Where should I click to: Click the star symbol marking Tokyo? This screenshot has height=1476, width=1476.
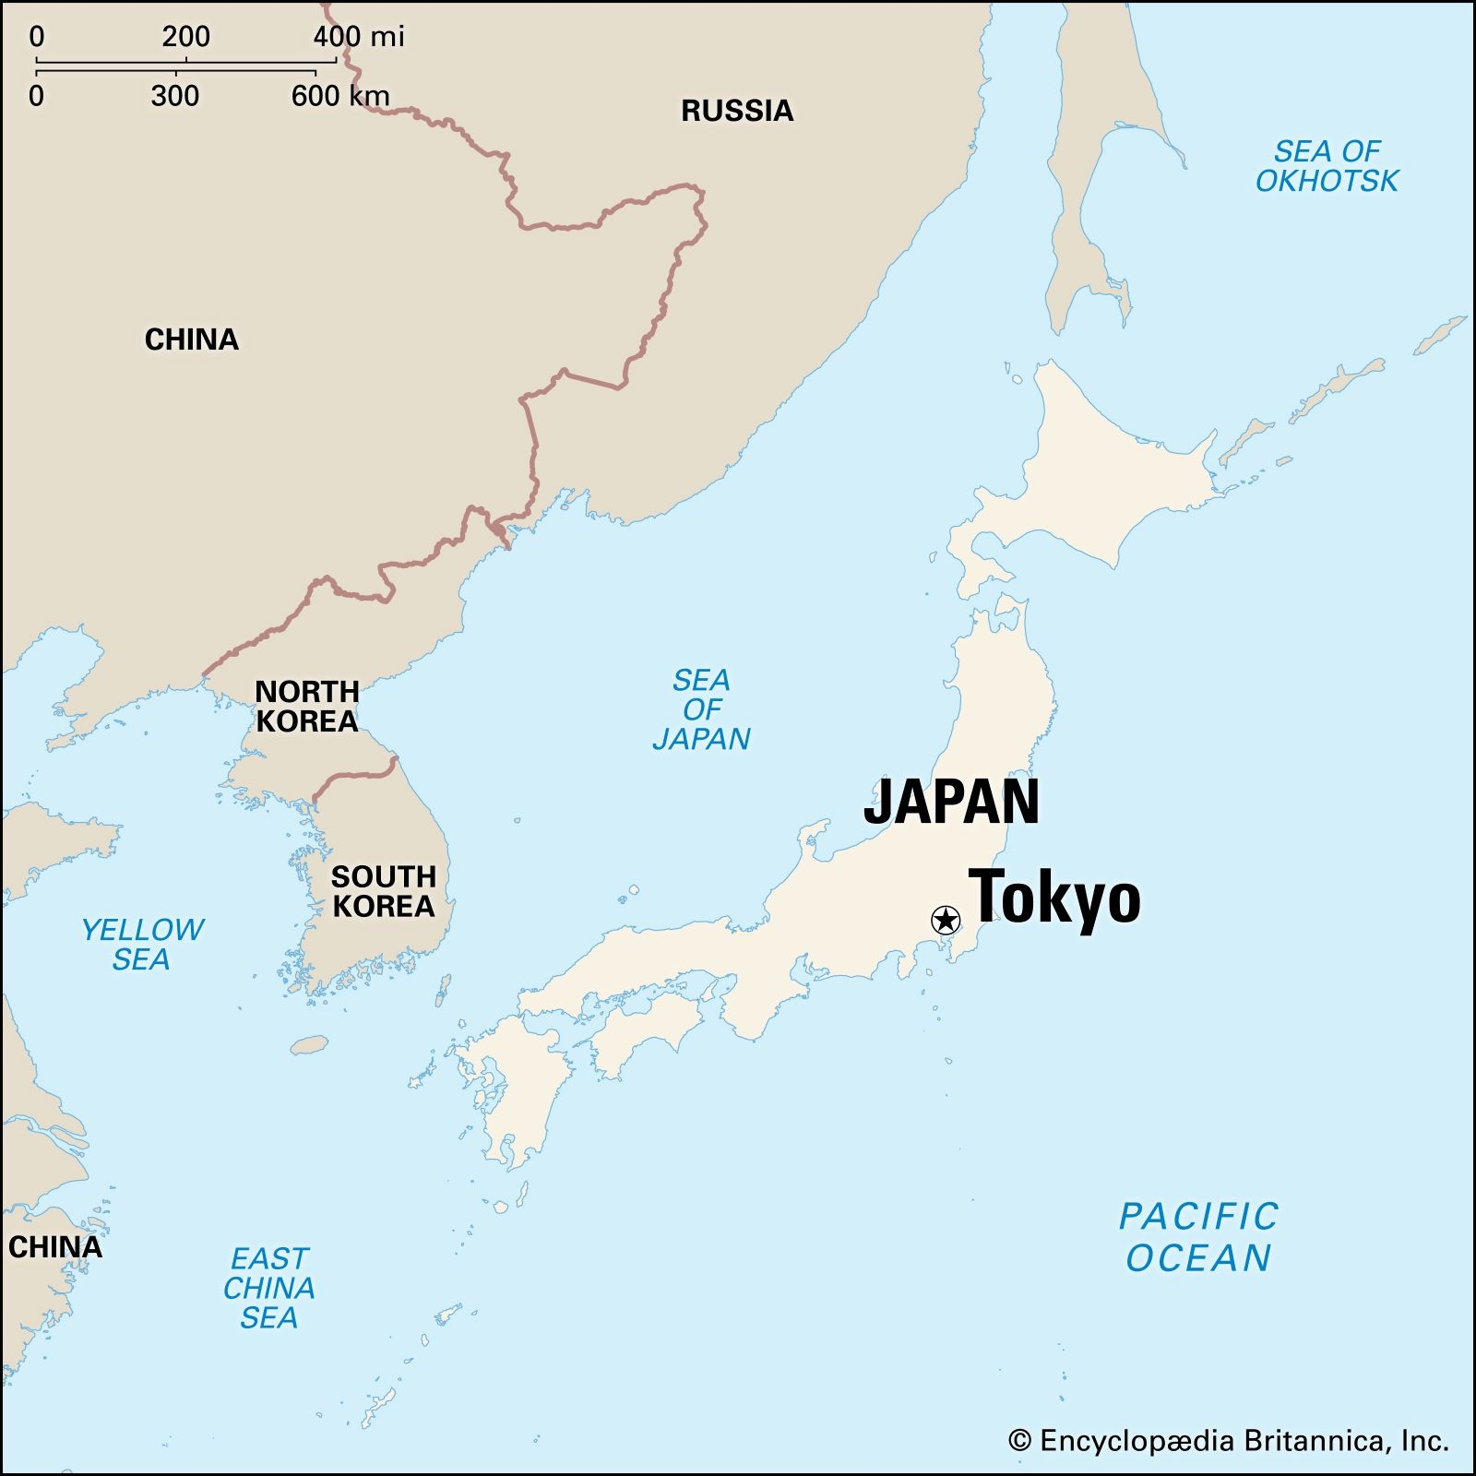[x=946, y=920]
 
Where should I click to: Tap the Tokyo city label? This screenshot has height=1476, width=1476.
[x=1054, y=898]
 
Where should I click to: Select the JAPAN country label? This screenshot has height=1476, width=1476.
[x=951, y=802]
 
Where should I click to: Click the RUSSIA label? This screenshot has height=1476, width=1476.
[x=737, y=111]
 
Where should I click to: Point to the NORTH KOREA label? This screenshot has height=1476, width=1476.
[x=306, y=706]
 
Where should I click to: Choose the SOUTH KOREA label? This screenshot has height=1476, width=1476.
[x=383, y=891]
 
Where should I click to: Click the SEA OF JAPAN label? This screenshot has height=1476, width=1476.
[x=701, y=709]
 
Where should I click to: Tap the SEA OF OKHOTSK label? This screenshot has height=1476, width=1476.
[x=1327, y=166]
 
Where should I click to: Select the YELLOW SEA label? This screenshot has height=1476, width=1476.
[x=142, y=944]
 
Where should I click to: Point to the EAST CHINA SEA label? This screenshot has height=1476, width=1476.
[x=269, y=1288]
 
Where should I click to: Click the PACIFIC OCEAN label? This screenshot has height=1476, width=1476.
[x=1198, y=1237]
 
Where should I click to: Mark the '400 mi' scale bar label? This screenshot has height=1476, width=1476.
[x=359, y=37]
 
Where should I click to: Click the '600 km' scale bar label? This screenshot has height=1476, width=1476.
[x=340, y=96]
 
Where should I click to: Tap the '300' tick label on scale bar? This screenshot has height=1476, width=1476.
[x=175, y=96]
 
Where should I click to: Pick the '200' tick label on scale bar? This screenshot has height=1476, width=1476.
[x=185, y=37]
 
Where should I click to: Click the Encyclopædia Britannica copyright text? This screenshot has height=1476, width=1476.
[x=1242, y=1440]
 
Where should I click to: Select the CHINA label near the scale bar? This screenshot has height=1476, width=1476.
[x=192, y=339]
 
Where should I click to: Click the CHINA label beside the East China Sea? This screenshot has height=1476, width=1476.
[x=55, y=1247]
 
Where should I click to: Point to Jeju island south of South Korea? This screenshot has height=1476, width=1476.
[x=310, y=1045]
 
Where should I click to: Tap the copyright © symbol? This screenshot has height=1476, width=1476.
[x=1019, y=1441]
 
